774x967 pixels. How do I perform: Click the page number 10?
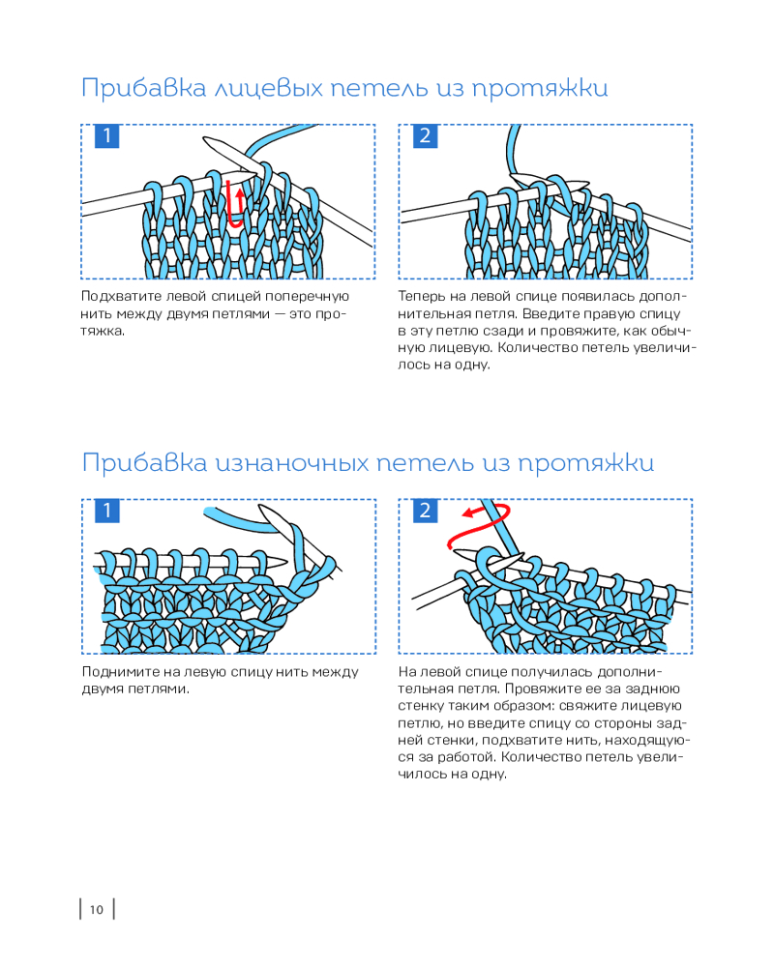click(96, 909)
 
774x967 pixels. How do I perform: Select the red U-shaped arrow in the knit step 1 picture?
click(233, 202)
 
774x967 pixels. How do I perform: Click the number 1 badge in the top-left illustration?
click(106, 136)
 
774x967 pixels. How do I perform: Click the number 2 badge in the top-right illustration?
click(424, 136)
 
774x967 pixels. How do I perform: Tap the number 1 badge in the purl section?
click(106, 512)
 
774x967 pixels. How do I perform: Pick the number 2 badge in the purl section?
click(424, 512)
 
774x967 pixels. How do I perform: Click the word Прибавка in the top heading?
click(130, 88)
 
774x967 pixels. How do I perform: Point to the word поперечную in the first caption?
click(309, 297)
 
